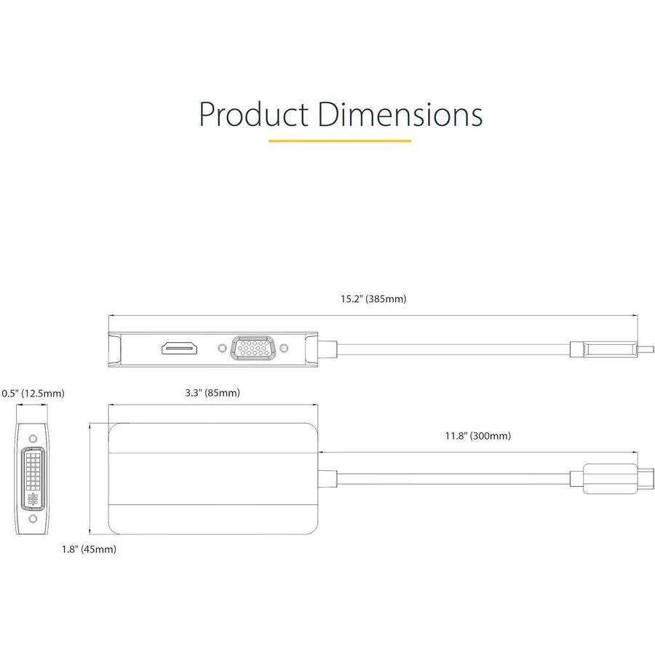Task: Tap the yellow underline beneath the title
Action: click(x=339, y=140)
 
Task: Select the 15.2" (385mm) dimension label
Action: click(x=373, y=298)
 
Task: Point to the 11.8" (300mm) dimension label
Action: click(x=477, y=436)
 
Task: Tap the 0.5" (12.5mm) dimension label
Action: click(x=33, y=393)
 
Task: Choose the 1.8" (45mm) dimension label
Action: click(x=88, y=549)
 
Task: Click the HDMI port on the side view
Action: click(x=179, y=348)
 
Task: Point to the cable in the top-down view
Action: click(x=451, y=477)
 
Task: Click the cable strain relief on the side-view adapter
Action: click(x=327, y=349)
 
